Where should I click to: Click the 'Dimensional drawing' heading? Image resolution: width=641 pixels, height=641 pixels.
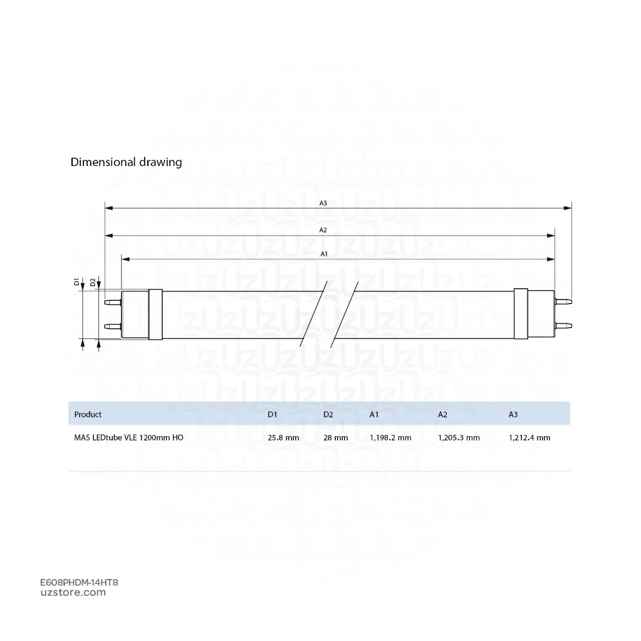(126, 162)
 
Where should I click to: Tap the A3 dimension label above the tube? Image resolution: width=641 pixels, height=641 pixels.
(323, 203)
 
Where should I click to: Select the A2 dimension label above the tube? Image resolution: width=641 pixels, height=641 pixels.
(323, 230)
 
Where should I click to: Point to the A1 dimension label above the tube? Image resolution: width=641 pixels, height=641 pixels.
(324, 254)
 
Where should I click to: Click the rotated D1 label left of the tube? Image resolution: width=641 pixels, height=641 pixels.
(76, 282)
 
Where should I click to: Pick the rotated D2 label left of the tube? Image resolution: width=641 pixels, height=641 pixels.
(93, 282)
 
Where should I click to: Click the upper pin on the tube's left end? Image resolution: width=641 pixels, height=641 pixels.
(113, 303)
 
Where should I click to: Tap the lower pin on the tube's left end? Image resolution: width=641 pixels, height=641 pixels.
(113, 326)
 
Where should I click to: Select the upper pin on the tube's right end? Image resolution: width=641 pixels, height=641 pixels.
(563, 302)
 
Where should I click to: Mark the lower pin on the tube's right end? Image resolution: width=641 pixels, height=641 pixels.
(563, 326)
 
